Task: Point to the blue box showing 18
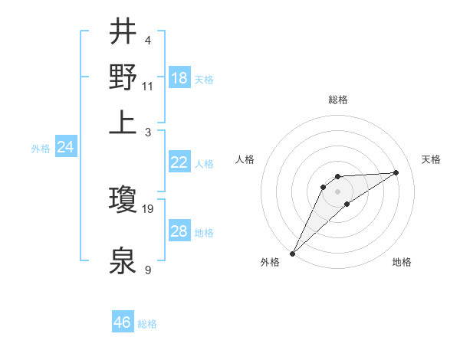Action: pyautogui.click(x=179, y=78)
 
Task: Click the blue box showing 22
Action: pyautogui.click(x=179, y=162)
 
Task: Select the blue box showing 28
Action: pyautogui.click(x=179, y=231)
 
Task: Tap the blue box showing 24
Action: pyautogui.click(x=66, y=147)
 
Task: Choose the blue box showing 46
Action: pyautogui.click(x=123, y=322)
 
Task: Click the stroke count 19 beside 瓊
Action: pyautogui.click(x=148, y=208)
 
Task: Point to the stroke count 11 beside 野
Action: pyautogui.click(x=148, y=86)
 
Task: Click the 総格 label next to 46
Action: pyautogui.click(x=147, y=324)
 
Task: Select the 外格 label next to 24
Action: pyautogui.click(x=41, y=149)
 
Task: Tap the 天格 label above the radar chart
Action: pyautogui.click(x=431, y=159)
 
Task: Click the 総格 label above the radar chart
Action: pyautogui.click(x=337, y=100)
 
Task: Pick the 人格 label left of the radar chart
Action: pyautogui.click(x=245, y=159)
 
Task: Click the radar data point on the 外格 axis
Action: pyautogui.click(x=292, y=253)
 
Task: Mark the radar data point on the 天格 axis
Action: pyautogui.click(x=396, y=172)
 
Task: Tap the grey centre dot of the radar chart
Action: pyautogui.click(x=337, y=191)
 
